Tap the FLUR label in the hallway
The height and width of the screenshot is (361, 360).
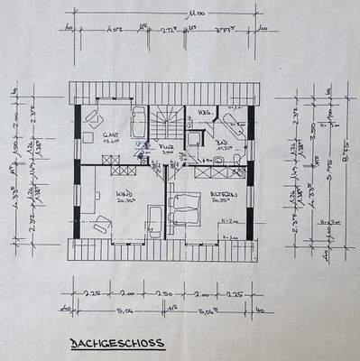tap(166, 145)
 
